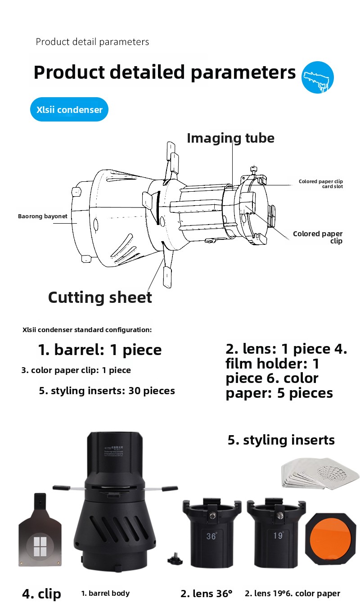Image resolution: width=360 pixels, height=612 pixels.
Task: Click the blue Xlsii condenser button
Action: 69,109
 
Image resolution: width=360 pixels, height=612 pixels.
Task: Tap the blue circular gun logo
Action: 317,77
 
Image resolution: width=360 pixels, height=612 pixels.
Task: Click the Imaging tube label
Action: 230,138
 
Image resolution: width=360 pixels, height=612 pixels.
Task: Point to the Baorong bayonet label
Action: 43,216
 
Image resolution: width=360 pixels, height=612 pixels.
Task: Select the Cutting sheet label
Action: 100,297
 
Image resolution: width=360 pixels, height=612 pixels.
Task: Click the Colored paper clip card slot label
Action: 321,184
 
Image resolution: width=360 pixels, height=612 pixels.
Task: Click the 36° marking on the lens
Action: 211,536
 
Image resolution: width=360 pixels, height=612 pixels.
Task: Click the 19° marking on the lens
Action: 278,535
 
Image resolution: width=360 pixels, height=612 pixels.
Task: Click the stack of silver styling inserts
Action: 320,473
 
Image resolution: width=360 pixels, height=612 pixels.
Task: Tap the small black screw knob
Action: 175,559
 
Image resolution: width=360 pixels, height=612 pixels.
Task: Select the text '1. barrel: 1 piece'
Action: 100,350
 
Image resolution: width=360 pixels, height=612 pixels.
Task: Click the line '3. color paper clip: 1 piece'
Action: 76,370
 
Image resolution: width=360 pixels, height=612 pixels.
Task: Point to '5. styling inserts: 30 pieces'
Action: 107,391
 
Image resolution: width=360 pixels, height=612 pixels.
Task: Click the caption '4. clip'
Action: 41,594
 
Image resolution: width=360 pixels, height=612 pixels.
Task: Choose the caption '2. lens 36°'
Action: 206,594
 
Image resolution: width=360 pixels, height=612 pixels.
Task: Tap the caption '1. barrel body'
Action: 105,593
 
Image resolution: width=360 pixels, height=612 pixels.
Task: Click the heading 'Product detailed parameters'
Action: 165,72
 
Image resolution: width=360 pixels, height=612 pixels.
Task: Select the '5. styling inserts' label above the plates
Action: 281,440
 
